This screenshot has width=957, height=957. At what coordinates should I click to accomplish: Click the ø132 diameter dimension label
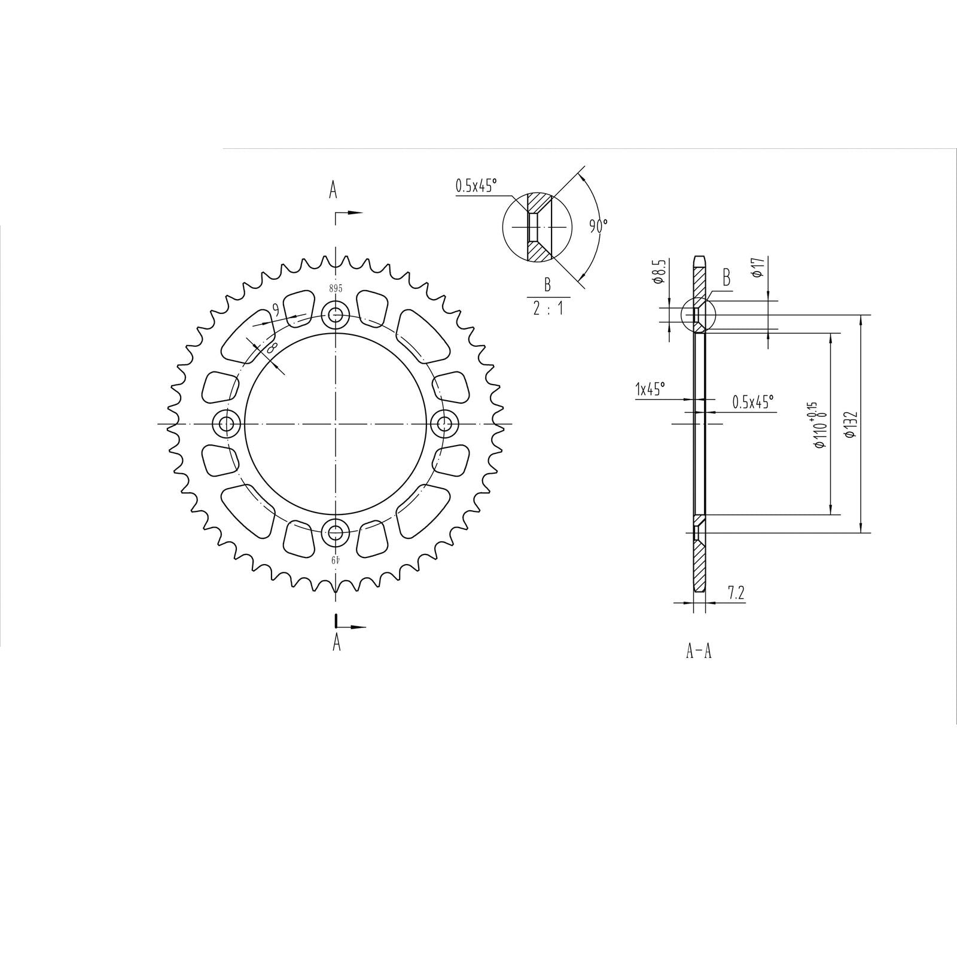[851, 425]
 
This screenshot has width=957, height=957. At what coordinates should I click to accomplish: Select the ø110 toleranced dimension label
[816, 425]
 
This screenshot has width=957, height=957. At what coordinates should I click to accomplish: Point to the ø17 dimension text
[757, 267]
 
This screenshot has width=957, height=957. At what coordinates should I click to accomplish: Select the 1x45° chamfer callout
[650, 390]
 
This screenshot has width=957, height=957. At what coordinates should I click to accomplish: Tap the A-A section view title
[699, 651]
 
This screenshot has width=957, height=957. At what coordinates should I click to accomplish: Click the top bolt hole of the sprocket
[336, 314]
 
